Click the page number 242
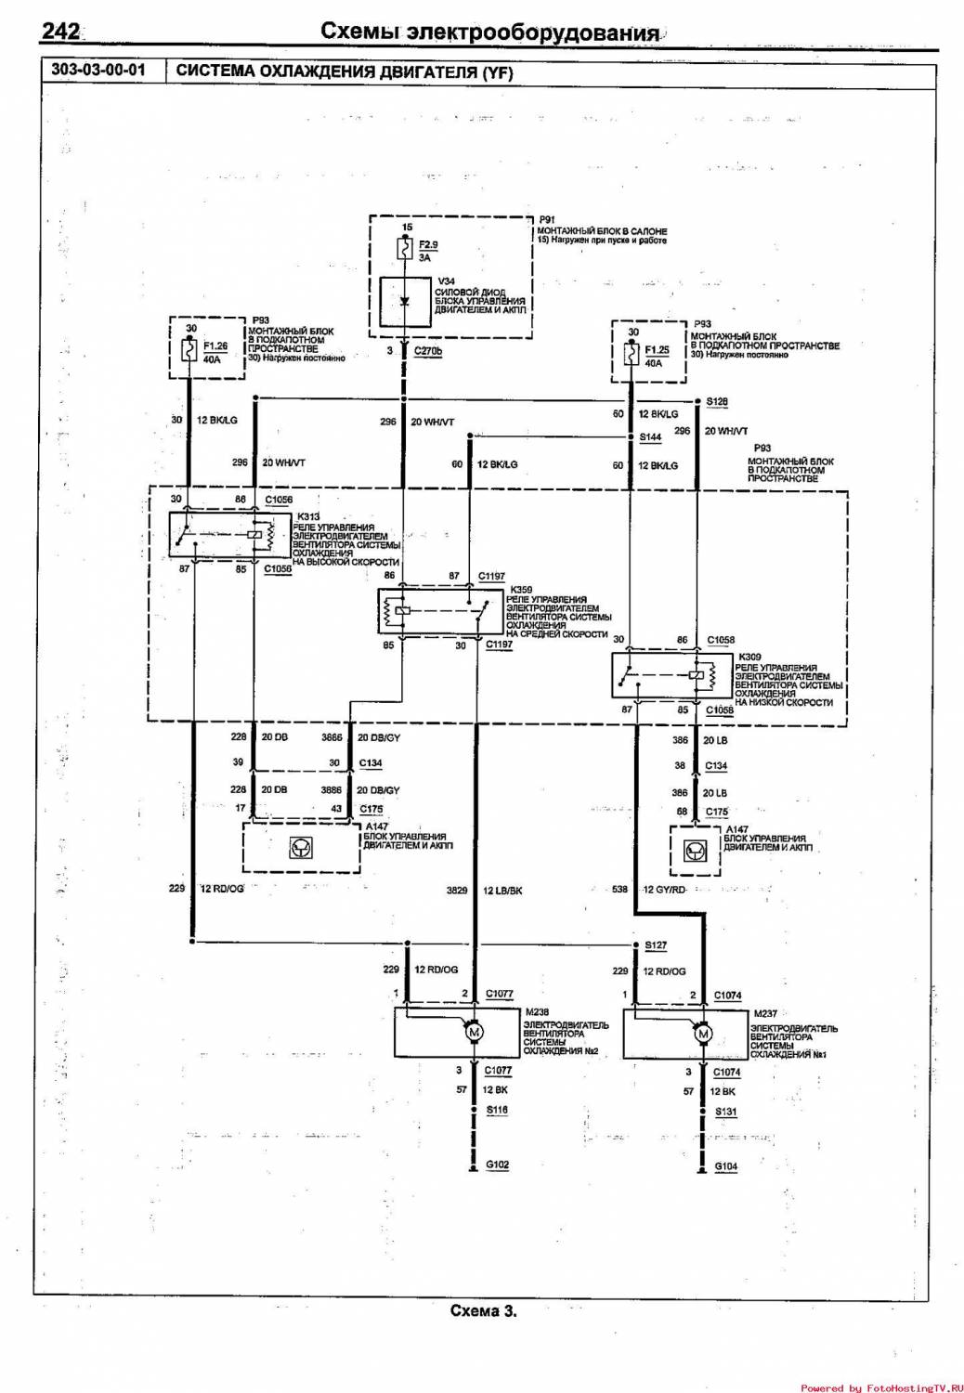point(60,32)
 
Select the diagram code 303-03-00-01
point(98,70)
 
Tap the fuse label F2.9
point(428,245)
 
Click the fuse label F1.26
point(215,346)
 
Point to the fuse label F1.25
point(657,350)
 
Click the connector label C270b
point(428,351)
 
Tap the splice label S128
point(717,402)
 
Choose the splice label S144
point(650,436)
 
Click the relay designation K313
point(308,517)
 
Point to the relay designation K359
point(521,590)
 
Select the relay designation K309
point(749,657)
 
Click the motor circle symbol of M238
point(474,1033)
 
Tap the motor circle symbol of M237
point(703,1035)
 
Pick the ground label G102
point(498,1165)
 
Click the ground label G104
point(726,1166)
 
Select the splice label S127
point(656,945)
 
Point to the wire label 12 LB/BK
point(502,891)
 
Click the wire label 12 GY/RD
point(665,890)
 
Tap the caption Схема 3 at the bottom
point(483,1311)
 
